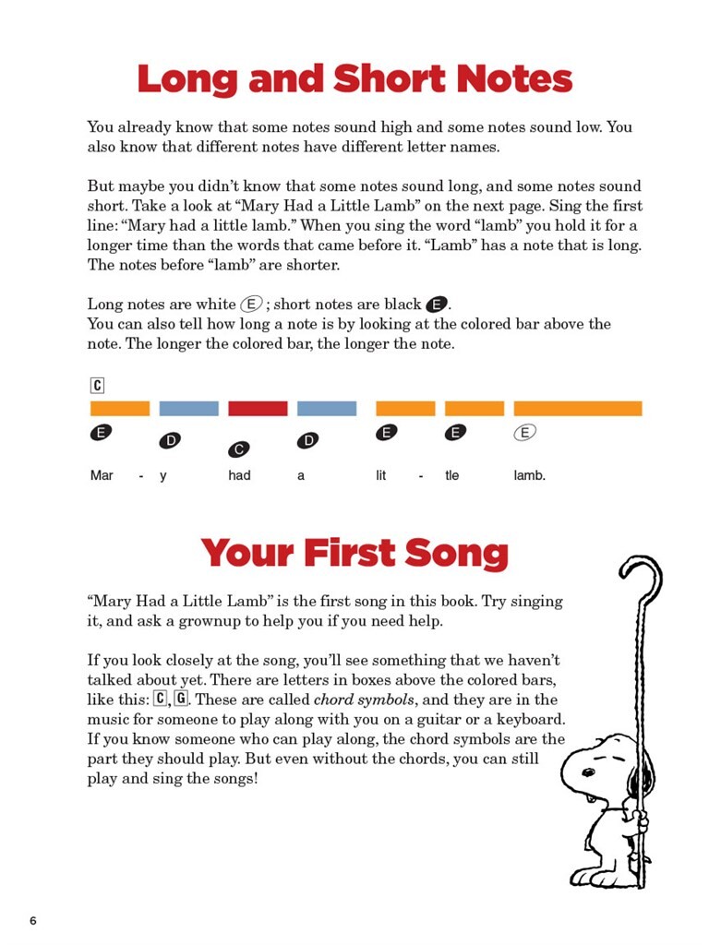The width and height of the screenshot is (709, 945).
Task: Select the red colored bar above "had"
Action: click(258, 408)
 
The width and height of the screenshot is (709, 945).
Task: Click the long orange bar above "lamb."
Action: click(577, 408)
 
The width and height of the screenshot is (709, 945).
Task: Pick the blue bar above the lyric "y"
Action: click(188, 408)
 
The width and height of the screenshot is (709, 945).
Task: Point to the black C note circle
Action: click(238, 449)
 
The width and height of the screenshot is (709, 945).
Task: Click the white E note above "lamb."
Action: click(525, 432)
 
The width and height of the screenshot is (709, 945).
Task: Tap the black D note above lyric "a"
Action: click(307, 441)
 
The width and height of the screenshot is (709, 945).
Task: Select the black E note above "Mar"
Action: click(101, 432)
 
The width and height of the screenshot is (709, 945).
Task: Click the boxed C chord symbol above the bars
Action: click(98, 386)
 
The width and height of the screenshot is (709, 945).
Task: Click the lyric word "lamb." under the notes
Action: click(530, 476)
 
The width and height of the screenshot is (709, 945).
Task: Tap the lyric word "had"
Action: click(239, 476)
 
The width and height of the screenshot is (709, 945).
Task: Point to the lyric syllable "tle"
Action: click(451, 476)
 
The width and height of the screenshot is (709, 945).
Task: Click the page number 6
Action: click(33, 921)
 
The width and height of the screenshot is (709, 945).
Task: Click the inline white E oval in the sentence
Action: click(249, 304)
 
